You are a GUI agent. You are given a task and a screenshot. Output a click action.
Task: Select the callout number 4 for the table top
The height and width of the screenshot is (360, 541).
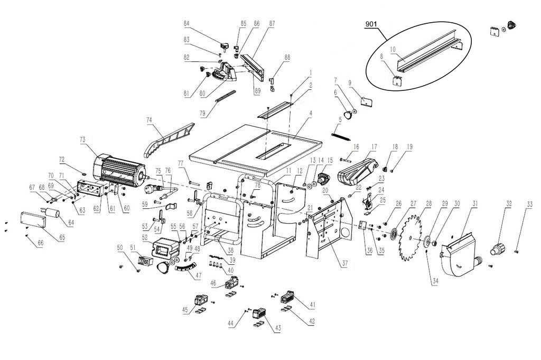click(x=311, y=114)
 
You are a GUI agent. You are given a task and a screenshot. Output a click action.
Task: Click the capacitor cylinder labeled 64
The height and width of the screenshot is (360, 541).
click(x=53, y=213)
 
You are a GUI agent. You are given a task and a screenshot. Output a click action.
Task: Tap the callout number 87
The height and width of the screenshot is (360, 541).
click(x=272, y=23)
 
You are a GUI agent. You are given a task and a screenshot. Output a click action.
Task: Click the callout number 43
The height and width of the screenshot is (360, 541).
click(x=277, y=328)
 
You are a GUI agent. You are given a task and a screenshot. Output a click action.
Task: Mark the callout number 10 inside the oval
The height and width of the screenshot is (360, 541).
click(x=393, y=49)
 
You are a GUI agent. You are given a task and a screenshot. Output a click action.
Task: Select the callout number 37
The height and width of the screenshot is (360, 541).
click(x=344, y=262)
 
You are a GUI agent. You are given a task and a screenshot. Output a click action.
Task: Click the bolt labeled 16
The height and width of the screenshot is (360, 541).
click(x=344, y=159)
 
